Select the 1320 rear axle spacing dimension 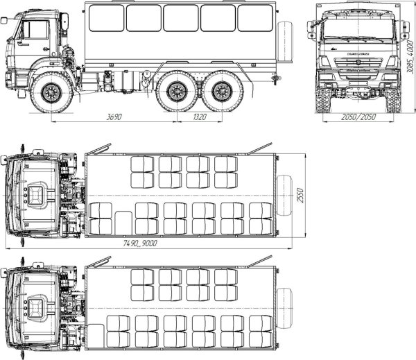pos(199,118)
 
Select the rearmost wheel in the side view pos(222,91)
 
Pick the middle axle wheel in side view pos(176,91)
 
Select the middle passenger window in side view pos(180,18)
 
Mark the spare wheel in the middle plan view pos(284,194)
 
